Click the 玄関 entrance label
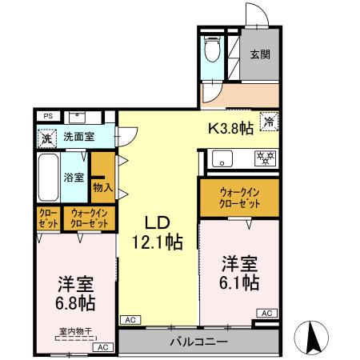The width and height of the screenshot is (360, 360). [x=258, y=55]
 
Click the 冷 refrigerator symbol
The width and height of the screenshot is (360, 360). [x=270, y=122]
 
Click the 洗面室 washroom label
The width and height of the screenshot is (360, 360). [x=78, y=137]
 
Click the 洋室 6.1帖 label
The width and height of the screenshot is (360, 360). [x=240, y=272]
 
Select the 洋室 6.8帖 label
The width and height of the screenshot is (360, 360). [x=76, y=294]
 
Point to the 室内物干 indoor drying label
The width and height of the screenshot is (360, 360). [x=76, y=330]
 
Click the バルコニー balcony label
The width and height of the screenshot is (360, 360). [x=198, y=342]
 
